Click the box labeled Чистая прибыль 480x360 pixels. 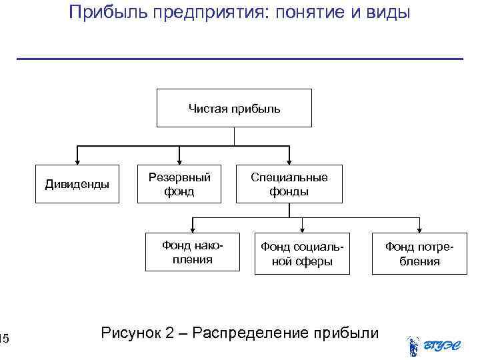point(234,107)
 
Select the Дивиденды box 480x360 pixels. point(77,183)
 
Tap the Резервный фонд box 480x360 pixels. point(179,183)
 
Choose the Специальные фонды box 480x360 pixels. point(289,183)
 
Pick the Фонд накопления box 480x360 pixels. point(193,253)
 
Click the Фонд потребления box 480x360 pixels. point(419,253)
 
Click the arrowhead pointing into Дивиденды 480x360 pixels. point(78,161)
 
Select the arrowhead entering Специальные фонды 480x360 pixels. point(289,161)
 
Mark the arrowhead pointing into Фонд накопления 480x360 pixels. point(193,231)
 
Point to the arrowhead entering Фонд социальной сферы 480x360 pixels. point(303,231)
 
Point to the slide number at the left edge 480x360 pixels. point(4,341)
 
